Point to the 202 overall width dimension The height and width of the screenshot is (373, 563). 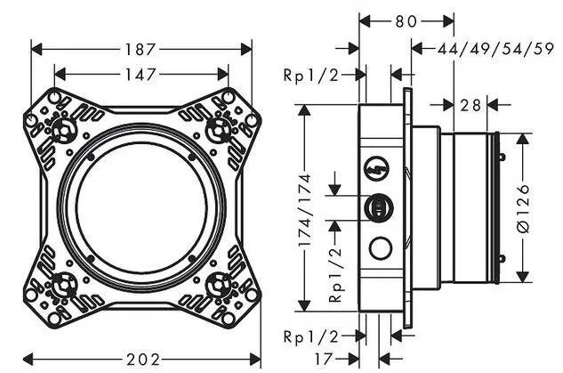(x=144, y=359)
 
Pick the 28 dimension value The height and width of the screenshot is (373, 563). (x=471, y=105)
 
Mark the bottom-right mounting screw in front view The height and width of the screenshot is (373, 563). (x=218, y=285)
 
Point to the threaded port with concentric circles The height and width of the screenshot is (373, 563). (x=378, y=207)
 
